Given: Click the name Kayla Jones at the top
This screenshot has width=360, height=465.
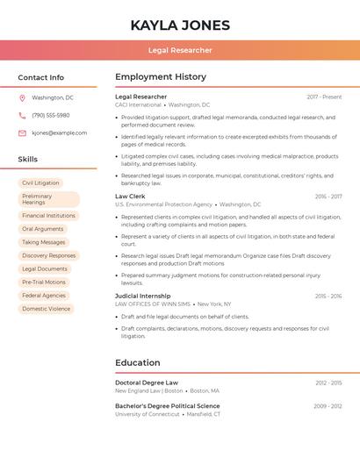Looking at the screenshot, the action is pos(180,25).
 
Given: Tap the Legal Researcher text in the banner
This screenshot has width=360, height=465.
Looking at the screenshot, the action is pos(180,50).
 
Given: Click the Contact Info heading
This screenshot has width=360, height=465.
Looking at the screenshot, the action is pos(40,77).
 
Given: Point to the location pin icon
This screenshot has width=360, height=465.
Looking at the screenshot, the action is pos(22,97).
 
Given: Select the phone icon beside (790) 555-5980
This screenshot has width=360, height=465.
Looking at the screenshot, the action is pos(22,115).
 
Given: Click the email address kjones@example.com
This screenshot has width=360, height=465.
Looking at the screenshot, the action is pos(59,132).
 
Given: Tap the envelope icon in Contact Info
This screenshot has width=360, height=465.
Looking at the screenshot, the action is pos(22,132).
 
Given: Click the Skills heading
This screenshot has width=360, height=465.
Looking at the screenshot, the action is pos(28,159).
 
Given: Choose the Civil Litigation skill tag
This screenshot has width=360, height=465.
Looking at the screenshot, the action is pos(40,182).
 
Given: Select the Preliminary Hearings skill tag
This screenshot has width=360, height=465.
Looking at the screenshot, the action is pos(48,199).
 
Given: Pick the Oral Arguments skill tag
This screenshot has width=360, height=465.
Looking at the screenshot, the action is pos(43,229).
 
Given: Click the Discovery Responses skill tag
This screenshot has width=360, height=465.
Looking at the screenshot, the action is pos(49,255).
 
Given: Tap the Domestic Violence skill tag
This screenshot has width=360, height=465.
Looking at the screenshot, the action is pos(47,309).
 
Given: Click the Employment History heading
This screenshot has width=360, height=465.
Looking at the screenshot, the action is pos(161,77).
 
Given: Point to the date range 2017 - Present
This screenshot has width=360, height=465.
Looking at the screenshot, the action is pos(324,97).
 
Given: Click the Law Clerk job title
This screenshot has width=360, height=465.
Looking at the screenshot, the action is pos(130,197).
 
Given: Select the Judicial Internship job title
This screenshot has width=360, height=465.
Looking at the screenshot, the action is pos(143,296).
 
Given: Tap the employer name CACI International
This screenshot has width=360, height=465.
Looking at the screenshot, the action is pos(139,104).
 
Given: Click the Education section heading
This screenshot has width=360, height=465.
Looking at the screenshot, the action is pos(138,362).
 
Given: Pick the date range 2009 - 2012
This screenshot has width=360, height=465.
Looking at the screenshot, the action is pos(328,406).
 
